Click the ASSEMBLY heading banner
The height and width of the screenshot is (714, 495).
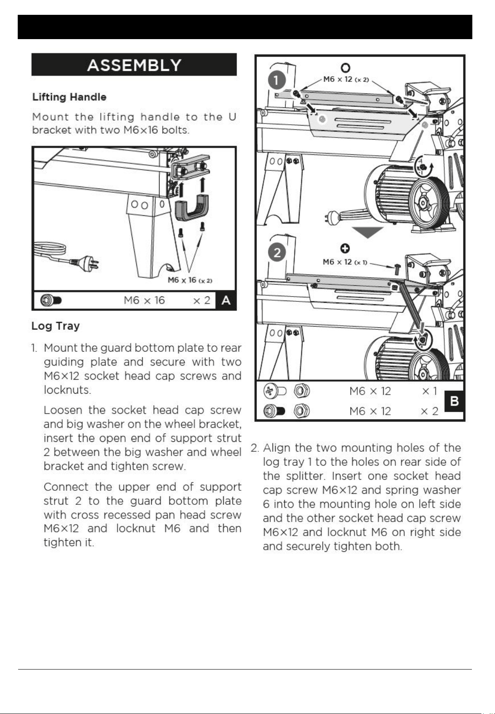coord(134,65)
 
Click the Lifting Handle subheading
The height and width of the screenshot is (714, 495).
coord(69,97)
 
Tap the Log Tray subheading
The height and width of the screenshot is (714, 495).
coord(56,326)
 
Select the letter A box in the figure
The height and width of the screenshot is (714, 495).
coord(226,301)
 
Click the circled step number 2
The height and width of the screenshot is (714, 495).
coord(277,252)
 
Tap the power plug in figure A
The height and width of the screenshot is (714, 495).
coord(85,262)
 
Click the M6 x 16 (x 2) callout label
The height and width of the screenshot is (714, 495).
coord(190,280)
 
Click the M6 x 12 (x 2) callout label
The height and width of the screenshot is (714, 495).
coord(346,79)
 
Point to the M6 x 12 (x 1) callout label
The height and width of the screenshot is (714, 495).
coord(345,262)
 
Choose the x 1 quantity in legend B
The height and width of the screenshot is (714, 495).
coord(429,391)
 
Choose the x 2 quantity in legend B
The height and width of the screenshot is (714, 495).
coord(429,411)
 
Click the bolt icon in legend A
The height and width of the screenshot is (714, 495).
coord(51,301)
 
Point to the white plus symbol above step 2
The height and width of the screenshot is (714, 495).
coord(345,248)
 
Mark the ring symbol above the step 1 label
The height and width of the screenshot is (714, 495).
coord(345,68)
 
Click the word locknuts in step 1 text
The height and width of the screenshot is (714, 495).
coord(67,390)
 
